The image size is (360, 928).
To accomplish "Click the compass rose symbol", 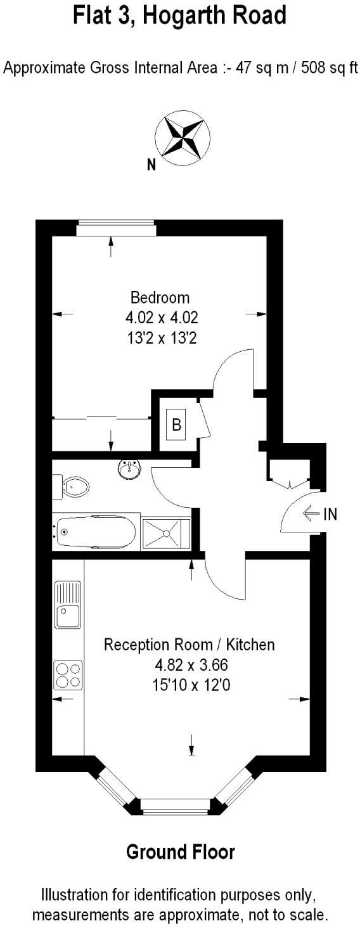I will point(183,137).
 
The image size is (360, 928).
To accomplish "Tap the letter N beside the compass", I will point(151,165).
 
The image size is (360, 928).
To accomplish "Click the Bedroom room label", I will point(160,297).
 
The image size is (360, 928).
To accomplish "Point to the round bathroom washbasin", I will point(130,470).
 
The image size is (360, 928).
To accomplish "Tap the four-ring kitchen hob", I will point(68,674).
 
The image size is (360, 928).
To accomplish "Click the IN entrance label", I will point(331,514).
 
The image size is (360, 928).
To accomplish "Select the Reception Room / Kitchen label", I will point(190,645).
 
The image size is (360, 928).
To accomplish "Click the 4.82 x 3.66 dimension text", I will point(190,665).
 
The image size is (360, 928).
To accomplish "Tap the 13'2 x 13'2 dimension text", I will point(160,338).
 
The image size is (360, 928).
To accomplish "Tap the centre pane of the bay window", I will point(175,806).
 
